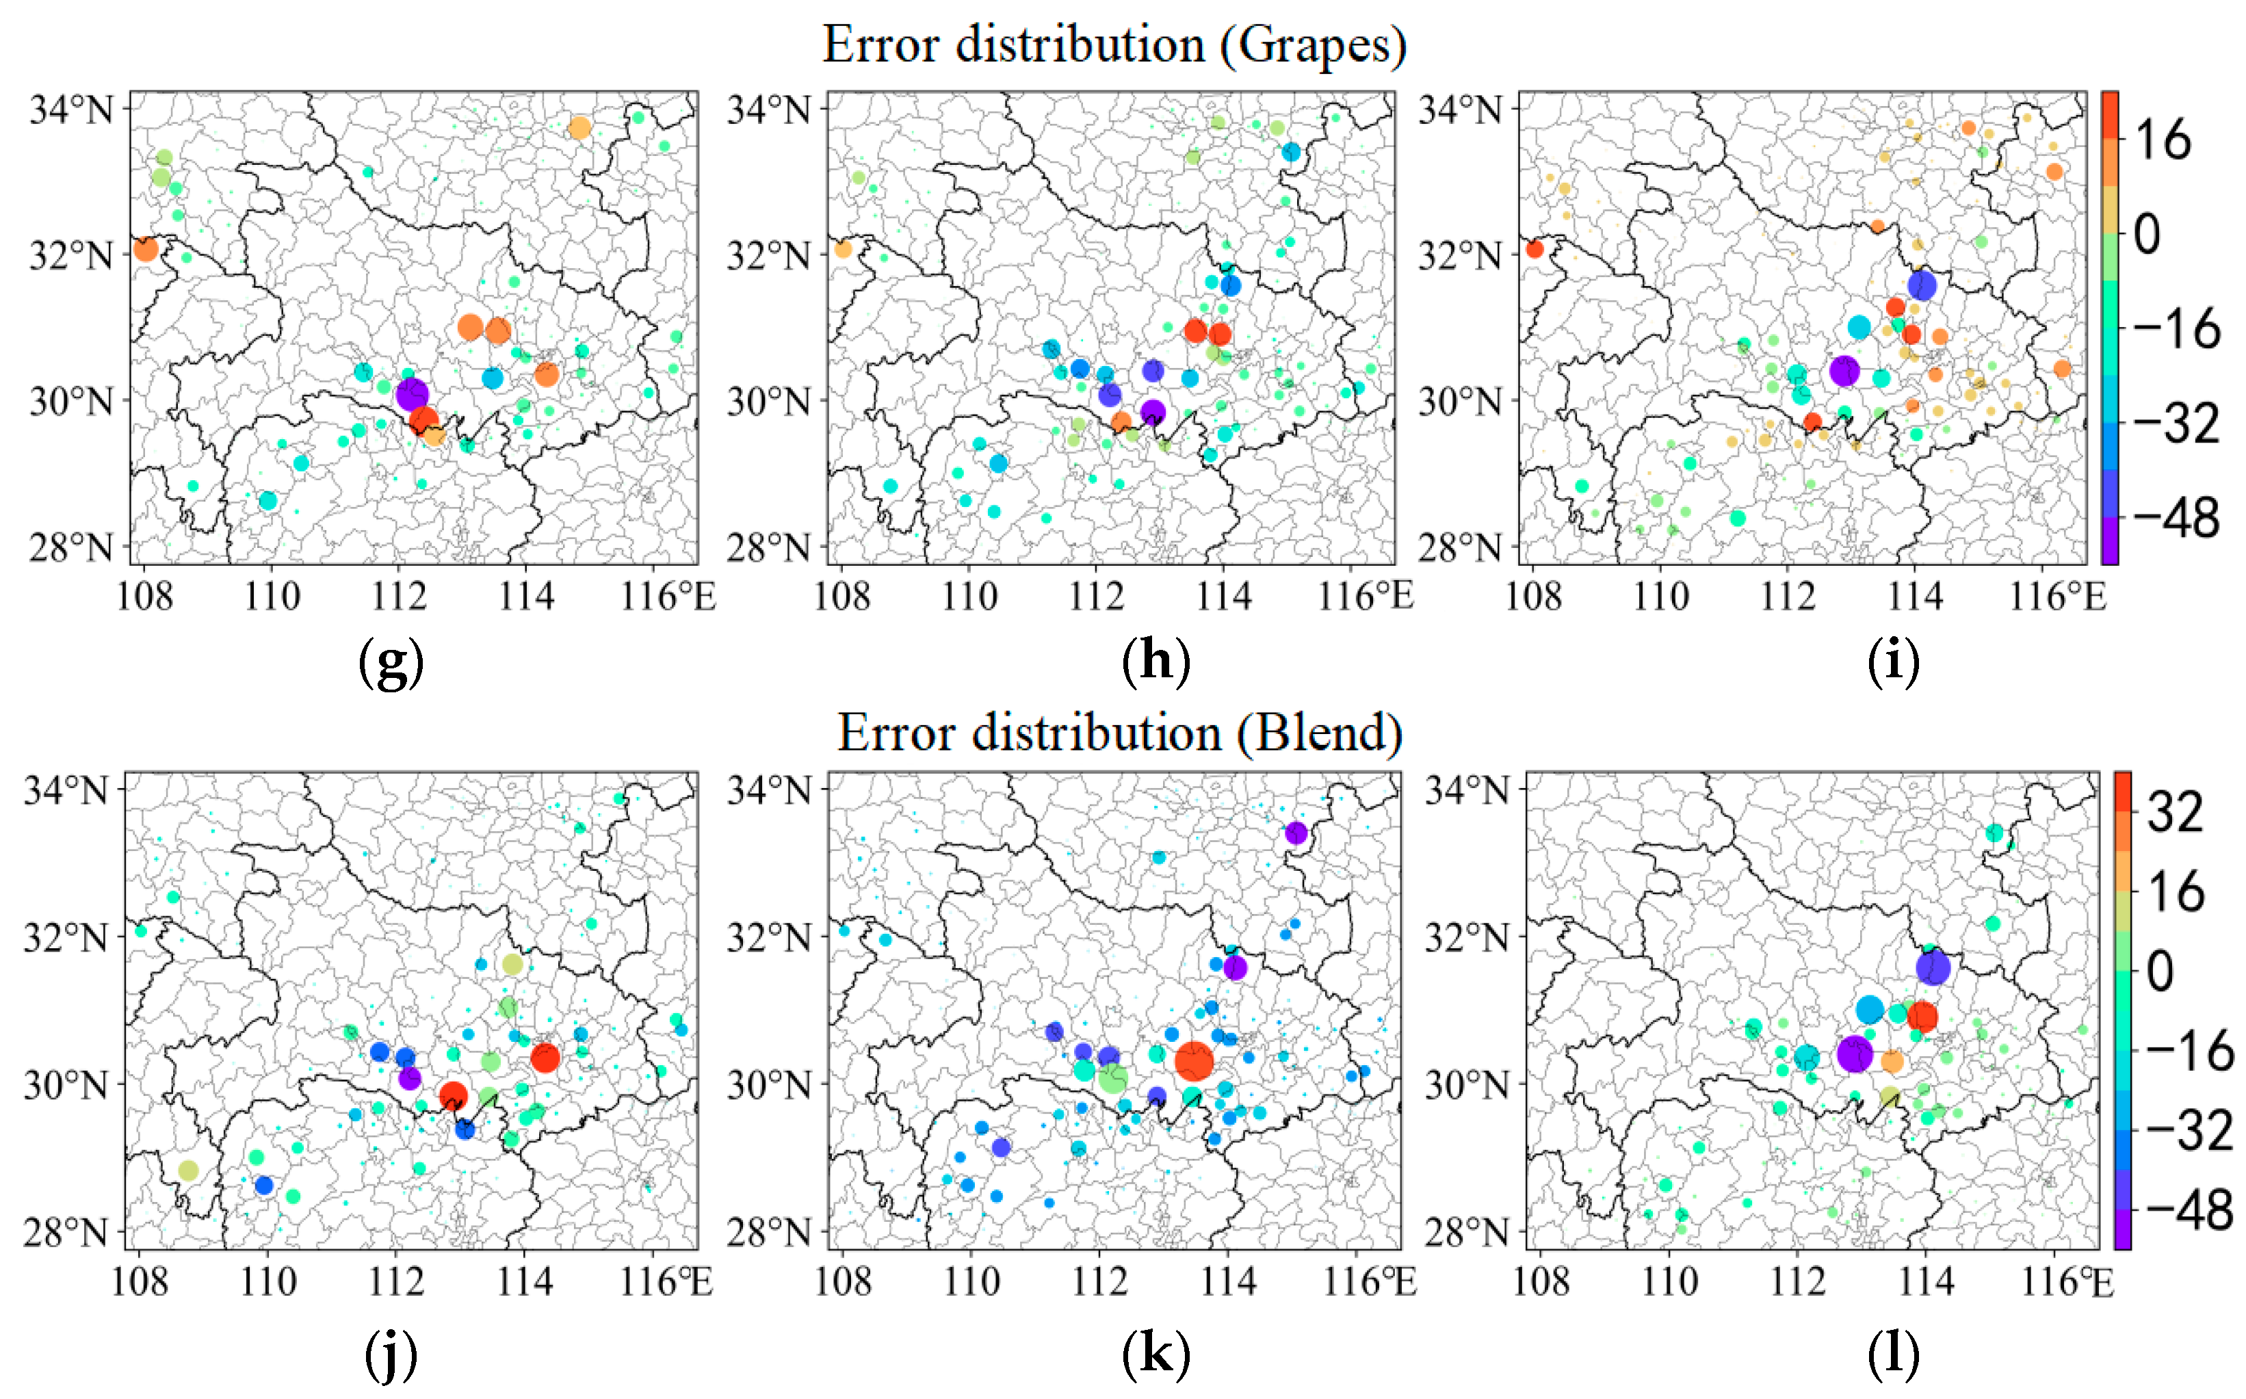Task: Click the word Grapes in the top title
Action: pos(1311,44)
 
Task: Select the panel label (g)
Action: pos(391,662)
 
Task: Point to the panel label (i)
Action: pos(1892,662)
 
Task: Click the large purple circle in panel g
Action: pos(412,394)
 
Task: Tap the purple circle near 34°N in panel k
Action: pos(1296,833)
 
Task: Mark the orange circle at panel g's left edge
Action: pos(145,249)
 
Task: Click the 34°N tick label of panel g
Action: pos(71,110)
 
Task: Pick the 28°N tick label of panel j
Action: pos(66,1233)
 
